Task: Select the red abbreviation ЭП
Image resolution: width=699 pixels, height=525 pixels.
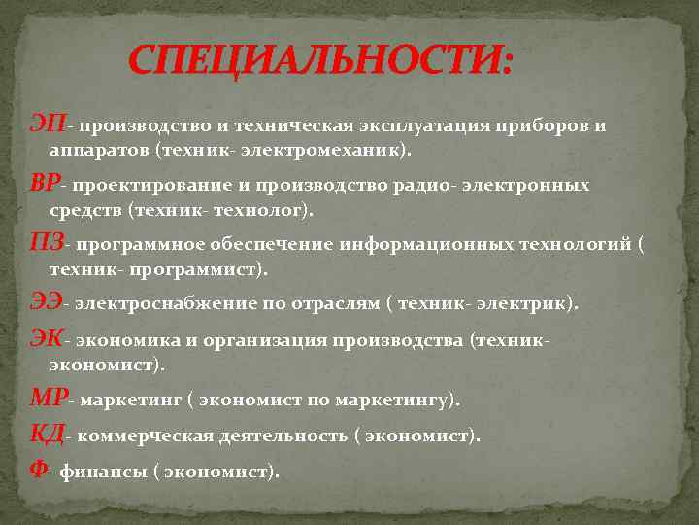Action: coord(48,124)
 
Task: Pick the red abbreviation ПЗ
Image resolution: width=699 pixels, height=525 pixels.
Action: coord(47,242)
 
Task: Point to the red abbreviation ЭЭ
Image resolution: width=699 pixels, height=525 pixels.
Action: coord(46,302)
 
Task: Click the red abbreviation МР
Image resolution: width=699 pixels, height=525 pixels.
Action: coord(49,399)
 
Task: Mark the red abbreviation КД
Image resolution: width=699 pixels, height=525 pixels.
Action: coord(47,435)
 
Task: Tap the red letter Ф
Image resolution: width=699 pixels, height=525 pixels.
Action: coord(38,471)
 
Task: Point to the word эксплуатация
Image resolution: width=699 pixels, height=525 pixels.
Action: coord(419,126)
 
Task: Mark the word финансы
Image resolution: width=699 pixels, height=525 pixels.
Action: coord(99,472)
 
